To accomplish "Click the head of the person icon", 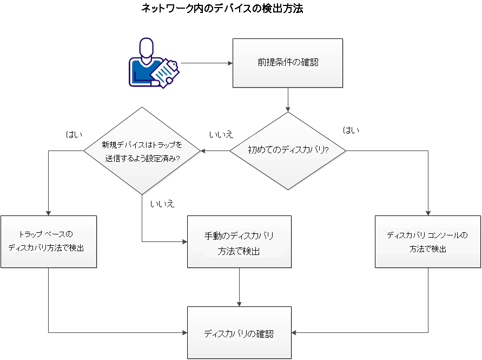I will pos(145,47).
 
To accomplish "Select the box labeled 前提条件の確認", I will pos(287,63).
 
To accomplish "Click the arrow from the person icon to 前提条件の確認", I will pos(206,63).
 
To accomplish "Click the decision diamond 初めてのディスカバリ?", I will pos(288,150).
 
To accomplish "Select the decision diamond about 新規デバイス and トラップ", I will pos(142,150).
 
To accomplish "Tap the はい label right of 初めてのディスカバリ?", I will pos(351,130).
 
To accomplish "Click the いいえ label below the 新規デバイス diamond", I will pos(162,204).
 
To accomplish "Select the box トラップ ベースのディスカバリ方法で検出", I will pos(49,241).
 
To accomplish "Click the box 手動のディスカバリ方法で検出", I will pos(239,241).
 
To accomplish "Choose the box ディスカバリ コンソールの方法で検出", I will pos(427,241).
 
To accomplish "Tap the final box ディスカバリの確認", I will pos(239,333).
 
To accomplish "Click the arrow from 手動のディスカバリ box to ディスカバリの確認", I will pos(239,287).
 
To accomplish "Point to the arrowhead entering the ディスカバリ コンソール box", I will pos(428,213).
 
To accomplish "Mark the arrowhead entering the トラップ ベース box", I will pos(49,213).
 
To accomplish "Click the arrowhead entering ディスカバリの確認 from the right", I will pos(295,332).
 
